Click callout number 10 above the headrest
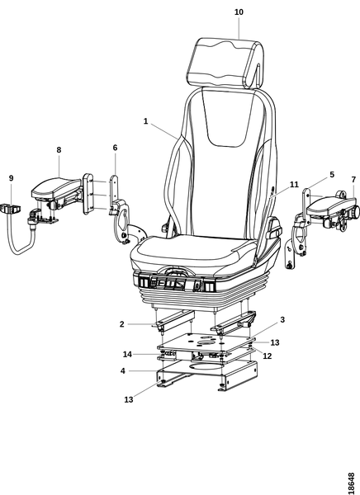(239, 12)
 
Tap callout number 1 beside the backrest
(145, 121)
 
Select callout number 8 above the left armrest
(59, 150)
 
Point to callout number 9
(12, 178)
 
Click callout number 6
(115, 148)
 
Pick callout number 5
(332, 175)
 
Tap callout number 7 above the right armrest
(353, 180)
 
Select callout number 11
(294, 184)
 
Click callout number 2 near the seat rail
(122, 324)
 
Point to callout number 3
(282, 320)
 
